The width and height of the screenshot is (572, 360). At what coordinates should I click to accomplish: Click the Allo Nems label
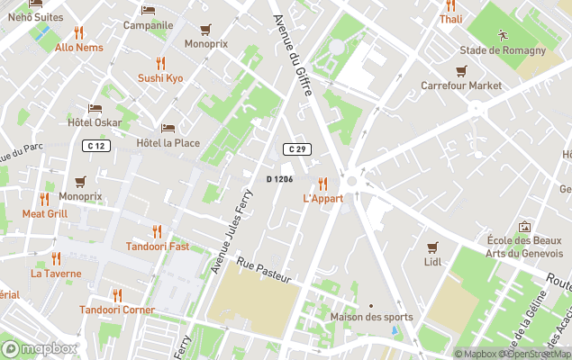point(78,48)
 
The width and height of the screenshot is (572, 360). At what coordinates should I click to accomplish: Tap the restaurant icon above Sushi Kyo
point(160,62)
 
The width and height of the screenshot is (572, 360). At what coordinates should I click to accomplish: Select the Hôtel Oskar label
point(95,122)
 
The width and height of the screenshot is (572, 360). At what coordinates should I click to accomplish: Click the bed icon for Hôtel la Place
point(168,128)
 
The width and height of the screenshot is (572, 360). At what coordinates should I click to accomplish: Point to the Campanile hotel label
point(148,25)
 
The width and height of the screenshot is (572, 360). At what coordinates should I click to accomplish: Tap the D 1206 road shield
point(279,179)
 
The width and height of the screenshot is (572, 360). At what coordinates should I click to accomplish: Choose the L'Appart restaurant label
point(322,198)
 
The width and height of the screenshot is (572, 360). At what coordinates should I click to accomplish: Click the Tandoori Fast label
point(157,247)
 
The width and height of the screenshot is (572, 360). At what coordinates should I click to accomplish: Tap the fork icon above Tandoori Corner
point(116,294)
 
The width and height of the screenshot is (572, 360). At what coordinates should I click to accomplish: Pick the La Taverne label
point(56,274)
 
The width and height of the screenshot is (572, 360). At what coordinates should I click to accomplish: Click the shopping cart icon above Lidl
point(432,247)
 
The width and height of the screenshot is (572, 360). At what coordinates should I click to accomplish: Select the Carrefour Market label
point(461,85)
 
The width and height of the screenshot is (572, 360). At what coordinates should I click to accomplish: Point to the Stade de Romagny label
point(504,50)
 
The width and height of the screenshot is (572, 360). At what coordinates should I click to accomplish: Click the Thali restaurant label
point(450,19)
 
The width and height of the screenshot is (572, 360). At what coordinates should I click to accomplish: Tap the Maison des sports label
point(371,317)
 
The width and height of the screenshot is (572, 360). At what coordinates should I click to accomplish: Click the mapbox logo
point(40,348)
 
